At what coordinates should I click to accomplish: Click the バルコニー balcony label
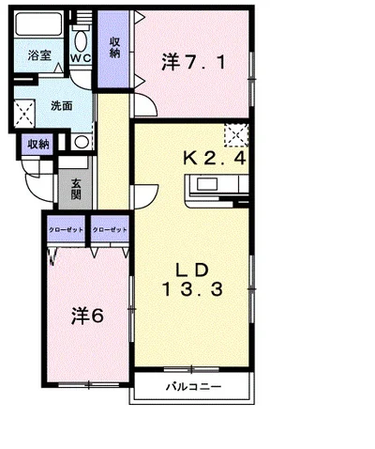pyautogui.click(x=193, y=387)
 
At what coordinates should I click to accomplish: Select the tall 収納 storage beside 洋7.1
pyautogui.click(x=114, y=47)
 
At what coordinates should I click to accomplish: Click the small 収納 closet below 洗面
pyautogui.click(x=38, y=145)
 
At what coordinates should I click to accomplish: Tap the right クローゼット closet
pyautogui.click(x=109, y=230)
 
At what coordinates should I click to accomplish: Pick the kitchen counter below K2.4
pyautogui.click(x=217, y=193)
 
